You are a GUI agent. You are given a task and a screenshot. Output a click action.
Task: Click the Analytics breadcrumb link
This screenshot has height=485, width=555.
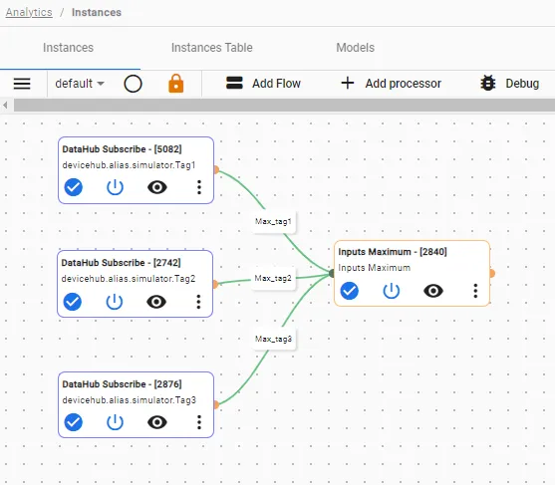[x=29, y=12]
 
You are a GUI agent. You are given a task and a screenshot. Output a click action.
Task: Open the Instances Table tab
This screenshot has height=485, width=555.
[x=212, y=48]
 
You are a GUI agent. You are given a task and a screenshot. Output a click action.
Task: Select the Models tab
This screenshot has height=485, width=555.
[x=356, y=48]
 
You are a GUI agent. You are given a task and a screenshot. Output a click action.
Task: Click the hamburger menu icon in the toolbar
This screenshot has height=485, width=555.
[x=22, y=84]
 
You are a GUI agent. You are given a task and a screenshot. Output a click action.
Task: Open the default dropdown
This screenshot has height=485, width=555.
[x=80, y=84]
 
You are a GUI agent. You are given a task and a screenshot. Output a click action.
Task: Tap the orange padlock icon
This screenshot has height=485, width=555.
[x=176, y=84]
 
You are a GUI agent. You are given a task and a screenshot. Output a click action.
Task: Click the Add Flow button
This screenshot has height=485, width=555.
[x=263, y=84]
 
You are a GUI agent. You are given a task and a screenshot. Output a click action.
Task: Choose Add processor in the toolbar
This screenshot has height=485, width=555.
[x=392, y=84]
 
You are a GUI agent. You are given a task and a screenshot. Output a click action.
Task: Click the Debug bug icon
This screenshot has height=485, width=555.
[x=488, y=83]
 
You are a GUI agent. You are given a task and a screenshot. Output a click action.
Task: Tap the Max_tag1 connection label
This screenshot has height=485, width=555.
[x=273, y=221]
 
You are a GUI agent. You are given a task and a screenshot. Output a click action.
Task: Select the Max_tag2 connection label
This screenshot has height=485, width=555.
[x=273, y=279]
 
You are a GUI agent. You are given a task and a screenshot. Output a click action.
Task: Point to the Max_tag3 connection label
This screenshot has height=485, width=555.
[x=273, y=339]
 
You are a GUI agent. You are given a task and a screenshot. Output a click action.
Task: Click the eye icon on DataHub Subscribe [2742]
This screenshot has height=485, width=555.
[x=156, y=302]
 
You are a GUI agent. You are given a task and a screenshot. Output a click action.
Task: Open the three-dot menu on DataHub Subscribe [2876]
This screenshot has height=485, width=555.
[x=199, y=422]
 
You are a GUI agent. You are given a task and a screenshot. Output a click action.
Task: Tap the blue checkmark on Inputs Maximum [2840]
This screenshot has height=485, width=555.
[x=350, y=291]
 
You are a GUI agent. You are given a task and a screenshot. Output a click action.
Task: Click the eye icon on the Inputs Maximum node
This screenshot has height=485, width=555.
[x=433, y=291]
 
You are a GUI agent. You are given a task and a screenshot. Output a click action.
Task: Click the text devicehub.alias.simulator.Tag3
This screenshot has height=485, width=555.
[x=130, y=400]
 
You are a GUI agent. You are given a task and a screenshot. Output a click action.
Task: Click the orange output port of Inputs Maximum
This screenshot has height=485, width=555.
[x=491, y=273]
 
